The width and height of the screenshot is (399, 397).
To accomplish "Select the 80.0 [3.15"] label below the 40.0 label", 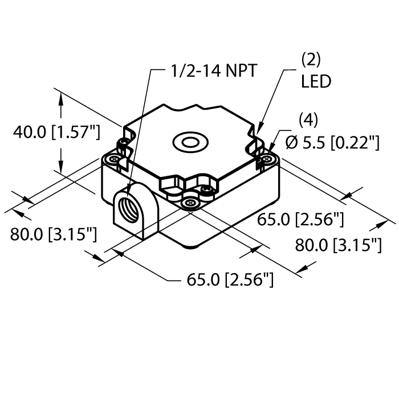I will click(x=53, y=233).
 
